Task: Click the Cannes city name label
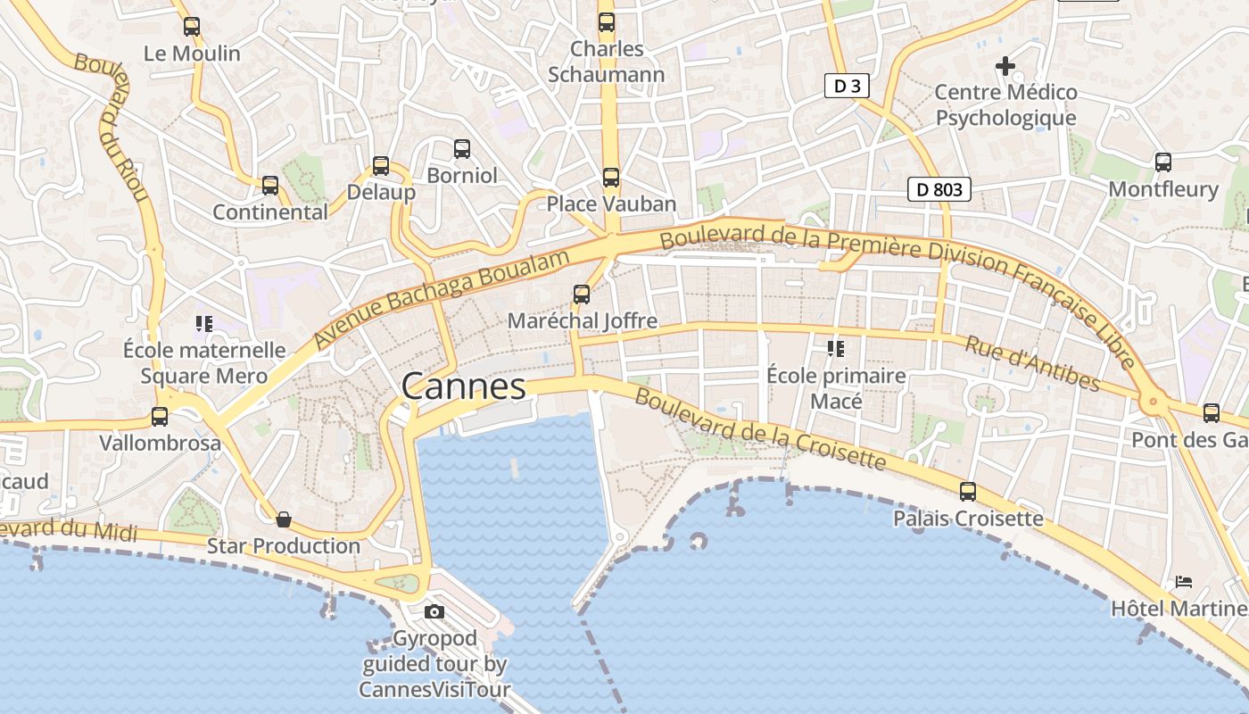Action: tap(463, 386)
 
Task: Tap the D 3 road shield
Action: tap(846, 86)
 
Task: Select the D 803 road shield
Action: tap(939, 189)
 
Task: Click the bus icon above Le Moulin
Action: tap(192, 27)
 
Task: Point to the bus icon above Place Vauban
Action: tap(610, 178)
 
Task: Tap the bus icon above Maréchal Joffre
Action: tap(582, 294)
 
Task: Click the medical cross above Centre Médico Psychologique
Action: tap(1005, 65)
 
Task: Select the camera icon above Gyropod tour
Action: tap(434, 611)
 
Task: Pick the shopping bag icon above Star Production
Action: tap(284, 519)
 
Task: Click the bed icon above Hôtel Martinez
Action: tap(1184, 582)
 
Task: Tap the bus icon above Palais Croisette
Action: tap(968, 491)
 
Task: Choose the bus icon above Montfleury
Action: tap(1163, 162)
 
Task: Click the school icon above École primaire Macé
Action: tap(836, 349)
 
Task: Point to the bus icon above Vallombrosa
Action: tap(160, 416)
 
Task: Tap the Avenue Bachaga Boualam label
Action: tap(441, 300)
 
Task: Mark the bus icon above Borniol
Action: tap(461, 149)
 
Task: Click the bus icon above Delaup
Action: tap(381, 165)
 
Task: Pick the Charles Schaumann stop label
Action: tap(606, 62)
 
